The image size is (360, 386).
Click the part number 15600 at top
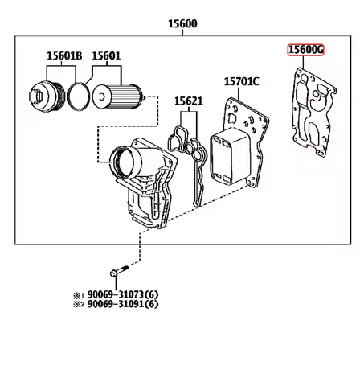coord(182,23)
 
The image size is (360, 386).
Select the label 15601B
coord(63,55)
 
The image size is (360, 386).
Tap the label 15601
coord(106,55)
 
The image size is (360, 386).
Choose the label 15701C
coord(241,81)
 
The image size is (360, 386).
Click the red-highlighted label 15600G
coord(306,51)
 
